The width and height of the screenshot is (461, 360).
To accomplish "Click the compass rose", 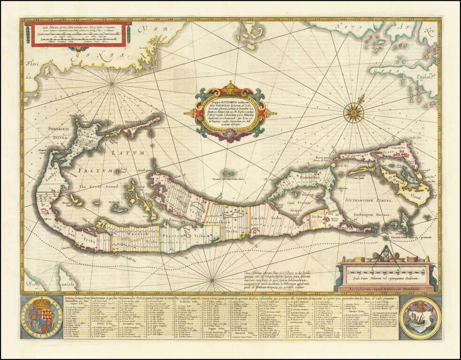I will click(353, 112).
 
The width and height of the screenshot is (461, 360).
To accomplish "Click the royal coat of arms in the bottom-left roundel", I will click(42, 317).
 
